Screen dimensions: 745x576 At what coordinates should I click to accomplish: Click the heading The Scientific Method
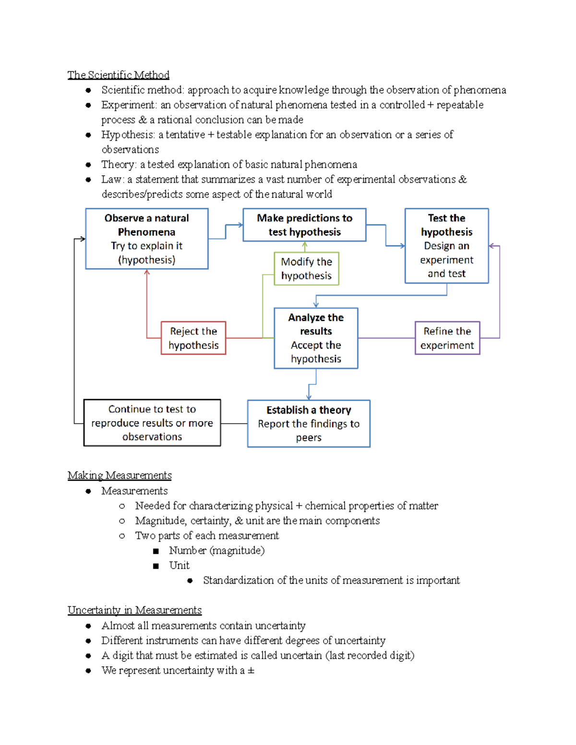118,75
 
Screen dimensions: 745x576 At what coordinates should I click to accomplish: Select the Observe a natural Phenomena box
146,238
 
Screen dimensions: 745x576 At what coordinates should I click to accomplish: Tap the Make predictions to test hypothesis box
304,225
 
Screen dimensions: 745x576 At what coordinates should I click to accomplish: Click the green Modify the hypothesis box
306,269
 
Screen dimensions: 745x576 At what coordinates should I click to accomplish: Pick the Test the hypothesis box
446,246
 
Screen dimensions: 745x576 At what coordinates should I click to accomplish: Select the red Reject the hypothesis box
193,338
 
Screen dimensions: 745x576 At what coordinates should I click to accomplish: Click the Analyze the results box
316,338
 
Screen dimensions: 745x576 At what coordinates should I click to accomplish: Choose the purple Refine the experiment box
447,338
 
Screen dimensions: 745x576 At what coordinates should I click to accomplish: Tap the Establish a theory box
309,424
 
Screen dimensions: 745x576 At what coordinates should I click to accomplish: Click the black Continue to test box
152,423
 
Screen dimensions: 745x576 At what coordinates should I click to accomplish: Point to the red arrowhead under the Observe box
147,272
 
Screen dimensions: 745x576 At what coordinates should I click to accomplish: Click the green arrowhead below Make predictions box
305,245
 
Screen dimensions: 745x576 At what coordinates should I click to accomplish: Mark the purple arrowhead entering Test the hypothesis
492,246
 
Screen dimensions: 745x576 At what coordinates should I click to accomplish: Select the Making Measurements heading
120,475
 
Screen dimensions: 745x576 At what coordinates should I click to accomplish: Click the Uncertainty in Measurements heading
134,610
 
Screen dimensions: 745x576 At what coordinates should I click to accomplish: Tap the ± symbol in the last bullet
251,671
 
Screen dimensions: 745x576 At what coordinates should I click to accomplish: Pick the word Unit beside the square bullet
179,566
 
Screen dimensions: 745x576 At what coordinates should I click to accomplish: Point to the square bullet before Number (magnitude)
156,551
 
